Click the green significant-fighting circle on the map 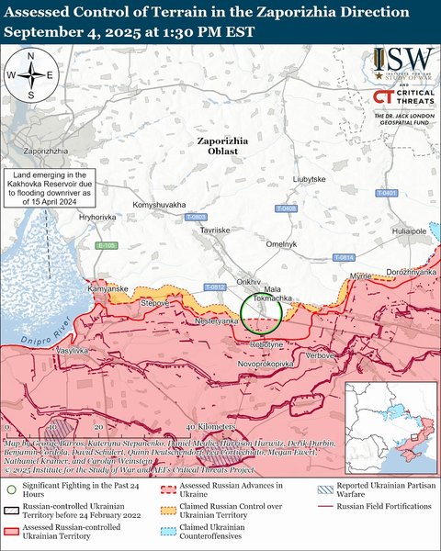point(259,314)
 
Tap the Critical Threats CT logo point(384,98)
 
